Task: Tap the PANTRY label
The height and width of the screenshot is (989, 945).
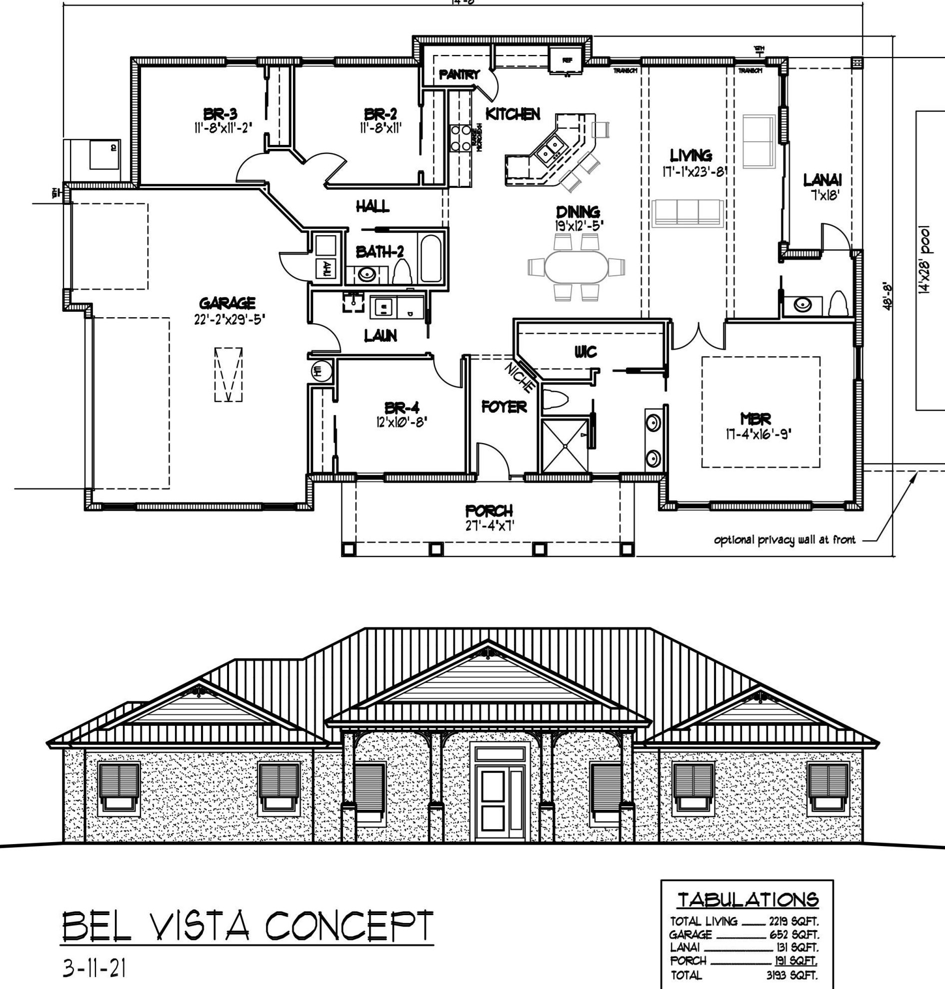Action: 459,75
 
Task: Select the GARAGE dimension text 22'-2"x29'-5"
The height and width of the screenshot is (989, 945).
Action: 229,320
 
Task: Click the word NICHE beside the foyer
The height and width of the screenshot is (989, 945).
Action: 520,376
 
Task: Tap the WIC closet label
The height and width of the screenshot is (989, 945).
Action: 586,352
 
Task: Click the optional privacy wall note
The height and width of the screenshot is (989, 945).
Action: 784,540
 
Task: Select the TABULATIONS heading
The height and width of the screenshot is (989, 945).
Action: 748,900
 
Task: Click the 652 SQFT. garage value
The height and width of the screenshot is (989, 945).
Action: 794,935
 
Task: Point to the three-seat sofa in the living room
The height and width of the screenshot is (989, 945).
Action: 687,213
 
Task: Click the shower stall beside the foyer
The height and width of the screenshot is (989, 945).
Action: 564,445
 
